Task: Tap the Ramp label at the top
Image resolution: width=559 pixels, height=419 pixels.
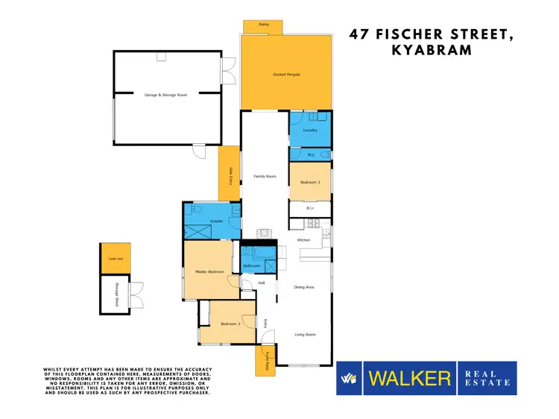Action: (263, 25)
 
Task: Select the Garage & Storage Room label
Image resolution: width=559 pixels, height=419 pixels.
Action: (166, 95)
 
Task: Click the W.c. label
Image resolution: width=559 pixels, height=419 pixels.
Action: (311, 155)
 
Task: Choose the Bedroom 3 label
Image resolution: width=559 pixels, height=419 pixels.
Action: (310, 182)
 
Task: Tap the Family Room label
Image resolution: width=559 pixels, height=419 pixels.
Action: (265, 176)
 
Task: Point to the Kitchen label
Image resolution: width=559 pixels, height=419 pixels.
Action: (303, 240)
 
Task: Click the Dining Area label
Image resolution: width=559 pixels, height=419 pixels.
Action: (304, 287)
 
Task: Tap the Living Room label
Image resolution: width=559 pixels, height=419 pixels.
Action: (304, 335)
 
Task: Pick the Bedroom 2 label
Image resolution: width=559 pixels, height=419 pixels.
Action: (231, 323)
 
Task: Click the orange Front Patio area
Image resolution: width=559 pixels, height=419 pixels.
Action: (265, 362)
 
